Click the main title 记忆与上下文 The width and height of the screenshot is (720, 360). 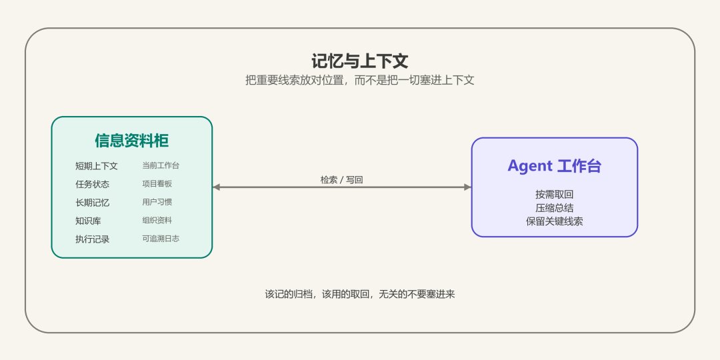coord(359,61)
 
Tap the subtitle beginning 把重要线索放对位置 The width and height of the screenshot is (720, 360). coord(359,81)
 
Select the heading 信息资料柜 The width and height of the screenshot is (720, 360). coord(132,141)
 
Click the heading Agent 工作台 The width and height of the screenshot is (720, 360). coord(554,166)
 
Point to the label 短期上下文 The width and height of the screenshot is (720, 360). coord(97,166)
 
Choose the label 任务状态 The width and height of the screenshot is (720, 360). coord(92,184)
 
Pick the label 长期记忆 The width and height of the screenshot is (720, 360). coord(92,203)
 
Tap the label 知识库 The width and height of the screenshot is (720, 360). coord(88,221)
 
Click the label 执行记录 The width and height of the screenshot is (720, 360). coord(92,239)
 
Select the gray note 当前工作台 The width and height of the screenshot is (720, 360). coord(161,165)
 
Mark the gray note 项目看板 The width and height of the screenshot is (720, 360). coord(157,184)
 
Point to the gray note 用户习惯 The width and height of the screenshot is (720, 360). coord(157,202)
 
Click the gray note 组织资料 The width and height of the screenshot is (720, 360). coord(157,221)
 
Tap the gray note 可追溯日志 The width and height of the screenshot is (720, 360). coord(161,239)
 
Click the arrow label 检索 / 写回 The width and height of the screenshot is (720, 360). coord(341,180)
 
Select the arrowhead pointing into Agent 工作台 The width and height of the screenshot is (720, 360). coord(468,187)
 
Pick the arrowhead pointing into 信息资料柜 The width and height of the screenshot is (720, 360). coord(216,187)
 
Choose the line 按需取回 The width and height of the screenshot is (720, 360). coord(554,195)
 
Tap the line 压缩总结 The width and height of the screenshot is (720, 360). coord(554,208)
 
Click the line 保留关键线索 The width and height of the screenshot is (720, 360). coord(554,221)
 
